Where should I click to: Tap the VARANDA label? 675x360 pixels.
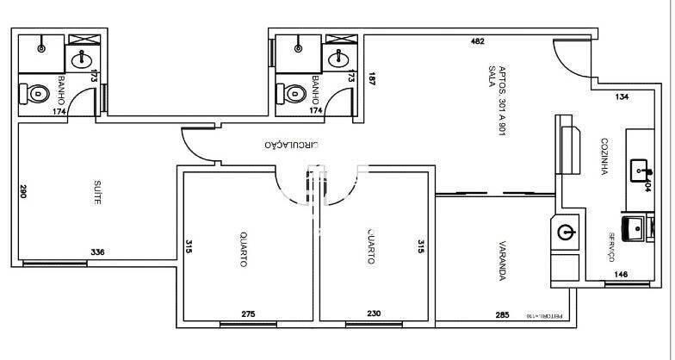coord(500,263)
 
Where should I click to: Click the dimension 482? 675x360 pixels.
coord(477,41)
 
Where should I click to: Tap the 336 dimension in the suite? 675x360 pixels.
coord(98,252)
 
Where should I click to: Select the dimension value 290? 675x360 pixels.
coord(24,191)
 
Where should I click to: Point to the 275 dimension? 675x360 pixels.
coord(248,314)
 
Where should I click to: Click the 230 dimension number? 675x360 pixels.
coord(374,314)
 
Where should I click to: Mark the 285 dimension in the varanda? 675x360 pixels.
coord(503,314)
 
